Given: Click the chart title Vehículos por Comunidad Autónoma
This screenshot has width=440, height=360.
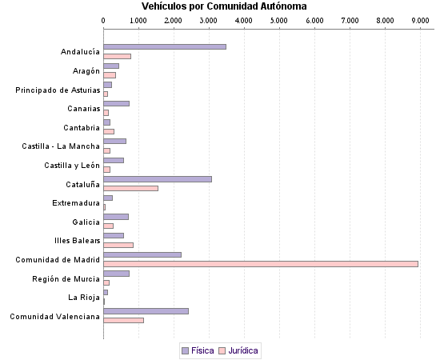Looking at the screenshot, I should coord(219,6).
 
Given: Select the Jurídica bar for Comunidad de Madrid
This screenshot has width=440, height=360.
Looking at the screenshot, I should coord(261,263).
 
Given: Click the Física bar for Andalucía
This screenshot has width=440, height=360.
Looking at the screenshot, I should coord(165,47).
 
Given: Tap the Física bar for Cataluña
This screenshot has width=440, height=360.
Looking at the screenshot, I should coord(158,179).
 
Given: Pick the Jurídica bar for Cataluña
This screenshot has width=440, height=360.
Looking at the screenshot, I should coord(130,188).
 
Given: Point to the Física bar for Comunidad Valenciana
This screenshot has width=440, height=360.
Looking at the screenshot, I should coord(146,311).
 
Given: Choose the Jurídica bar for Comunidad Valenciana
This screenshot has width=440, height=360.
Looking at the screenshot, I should coord(123,320).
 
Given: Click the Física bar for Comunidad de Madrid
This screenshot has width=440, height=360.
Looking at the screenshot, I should coord(142,254).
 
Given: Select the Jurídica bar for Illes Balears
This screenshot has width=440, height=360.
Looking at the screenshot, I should coord(118,245).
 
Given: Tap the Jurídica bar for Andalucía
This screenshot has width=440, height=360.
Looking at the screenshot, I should coord(117,56).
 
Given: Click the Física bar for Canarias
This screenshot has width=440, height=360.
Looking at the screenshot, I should coord(116,103).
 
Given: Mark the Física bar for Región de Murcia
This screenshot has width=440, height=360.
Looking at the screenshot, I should coord(116,274).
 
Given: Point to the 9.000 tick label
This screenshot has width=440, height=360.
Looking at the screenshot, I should coord(420,19).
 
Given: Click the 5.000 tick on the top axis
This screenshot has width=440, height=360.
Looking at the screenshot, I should coord(279,19).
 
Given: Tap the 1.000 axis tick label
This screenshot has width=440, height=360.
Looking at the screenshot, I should coord(138,19).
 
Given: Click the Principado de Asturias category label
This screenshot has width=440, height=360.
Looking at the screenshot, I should coord(58,90).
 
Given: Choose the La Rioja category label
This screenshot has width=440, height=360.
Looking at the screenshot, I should coord(84,298).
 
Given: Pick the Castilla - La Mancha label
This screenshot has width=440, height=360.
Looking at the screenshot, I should coord(61,146).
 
